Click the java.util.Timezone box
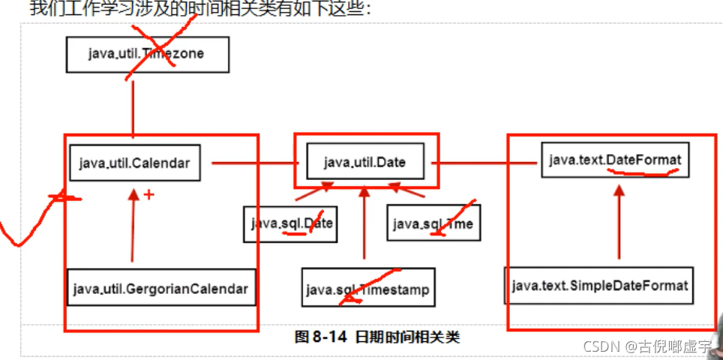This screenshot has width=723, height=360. [x=147, y=54]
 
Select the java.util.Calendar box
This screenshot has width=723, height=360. [x=134, y=163]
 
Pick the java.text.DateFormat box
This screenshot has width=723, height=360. [x=615, y=160]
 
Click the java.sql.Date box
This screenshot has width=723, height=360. [x=290, y=223]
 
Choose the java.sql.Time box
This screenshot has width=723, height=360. [x=433, y=223]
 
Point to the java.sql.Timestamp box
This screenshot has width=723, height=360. [x=367, y=289]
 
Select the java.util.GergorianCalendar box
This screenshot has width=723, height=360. [x=160, y=287]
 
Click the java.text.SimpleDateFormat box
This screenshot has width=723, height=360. [x=599, y=286]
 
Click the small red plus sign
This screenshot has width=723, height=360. [x=148, y=195]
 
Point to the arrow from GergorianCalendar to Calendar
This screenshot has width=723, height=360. [x=133, y=225]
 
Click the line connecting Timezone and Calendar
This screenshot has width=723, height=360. [x=133, y=109]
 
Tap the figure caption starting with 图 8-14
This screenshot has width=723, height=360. [x=376, y=337]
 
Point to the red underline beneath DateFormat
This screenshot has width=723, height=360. [x=643, y=172]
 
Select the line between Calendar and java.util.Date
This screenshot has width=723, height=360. [x=255, y=162]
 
